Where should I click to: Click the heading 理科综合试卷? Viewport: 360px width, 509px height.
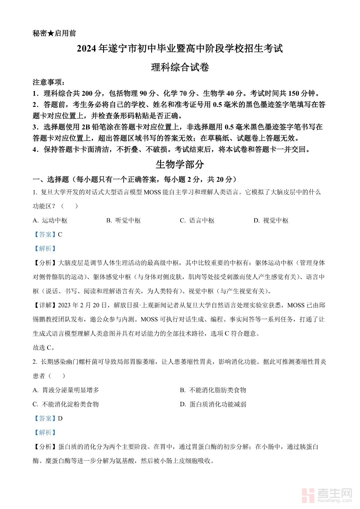180,67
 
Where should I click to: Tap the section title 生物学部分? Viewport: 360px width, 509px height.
180,164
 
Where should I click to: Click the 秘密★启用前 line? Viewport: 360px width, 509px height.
54,33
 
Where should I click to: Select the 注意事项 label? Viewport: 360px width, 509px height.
48,82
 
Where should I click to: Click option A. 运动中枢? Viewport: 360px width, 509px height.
50,220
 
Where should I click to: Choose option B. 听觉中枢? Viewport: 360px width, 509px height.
124,220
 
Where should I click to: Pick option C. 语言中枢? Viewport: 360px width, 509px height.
197,220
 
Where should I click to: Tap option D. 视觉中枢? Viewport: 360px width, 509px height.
271,220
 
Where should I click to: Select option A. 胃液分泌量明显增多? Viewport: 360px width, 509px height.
66,390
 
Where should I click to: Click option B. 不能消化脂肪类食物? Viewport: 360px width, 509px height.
213,390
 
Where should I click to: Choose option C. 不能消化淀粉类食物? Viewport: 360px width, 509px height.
66,404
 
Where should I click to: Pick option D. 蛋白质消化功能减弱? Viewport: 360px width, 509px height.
213,404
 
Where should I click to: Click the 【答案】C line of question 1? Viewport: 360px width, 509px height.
47,234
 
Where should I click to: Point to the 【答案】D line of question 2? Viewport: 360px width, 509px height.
47,418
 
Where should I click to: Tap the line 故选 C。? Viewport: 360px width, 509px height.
44,348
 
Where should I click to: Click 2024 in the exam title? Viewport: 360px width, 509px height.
87,49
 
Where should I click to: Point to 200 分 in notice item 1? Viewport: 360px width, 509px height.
91,94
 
